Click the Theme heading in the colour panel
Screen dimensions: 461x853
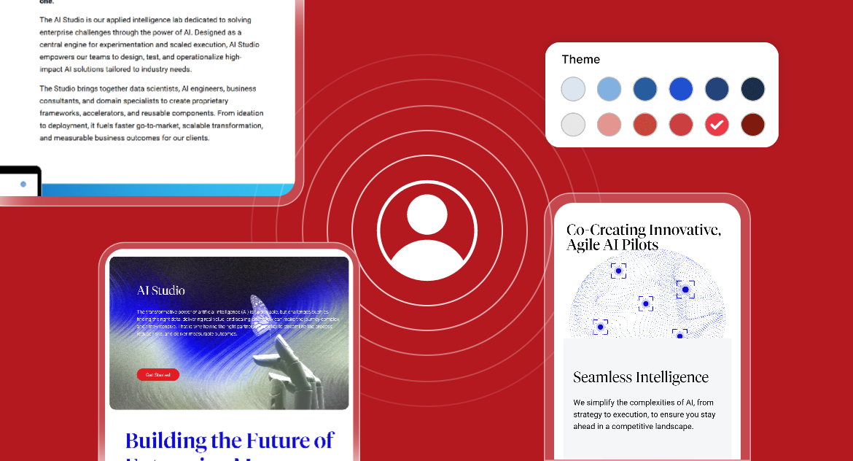[x=580, y=60]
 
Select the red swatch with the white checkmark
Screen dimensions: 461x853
[x=717, y=125]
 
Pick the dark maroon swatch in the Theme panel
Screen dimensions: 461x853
[x=752, y=125]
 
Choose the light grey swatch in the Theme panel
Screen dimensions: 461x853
[x=573, y=125]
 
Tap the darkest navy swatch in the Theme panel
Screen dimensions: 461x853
[x=752, y=89]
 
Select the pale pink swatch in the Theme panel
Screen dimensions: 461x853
[x=609, y=125]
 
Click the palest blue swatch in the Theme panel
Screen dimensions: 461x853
[x=573, y=89]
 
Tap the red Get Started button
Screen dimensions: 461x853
[x=157, y=375]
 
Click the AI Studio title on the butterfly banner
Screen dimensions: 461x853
[x=161, y=291]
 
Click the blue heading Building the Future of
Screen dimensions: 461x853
[x=230, y=441]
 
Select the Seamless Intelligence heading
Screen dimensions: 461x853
[x=640, y=377]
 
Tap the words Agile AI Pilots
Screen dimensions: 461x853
[x=612, y=245]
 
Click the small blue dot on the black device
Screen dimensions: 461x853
[x=23, y=185]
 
